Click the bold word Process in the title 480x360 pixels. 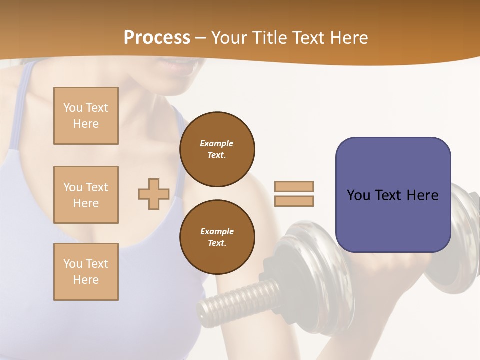coord(157,38)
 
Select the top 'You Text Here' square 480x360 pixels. coord(86,116)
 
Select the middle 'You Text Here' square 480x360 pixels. coord(86,195)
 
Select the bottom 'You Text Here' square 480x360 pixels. coord(86,272)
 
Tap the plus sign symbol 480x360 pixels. coord(154,194)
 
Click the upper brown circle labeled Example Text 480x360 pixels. coord(217,149)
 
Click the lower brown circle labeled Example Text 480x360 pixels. coord(217,237)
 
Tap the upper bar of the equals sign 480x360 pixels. coord(294,186)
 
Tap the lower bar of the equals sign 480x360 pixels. coord(294,201)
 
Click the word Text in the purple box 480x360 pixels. coord(388,195)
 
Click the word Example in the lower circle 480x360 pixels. coord(217,231)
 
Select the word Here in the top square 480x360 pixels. coord(86,124)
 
